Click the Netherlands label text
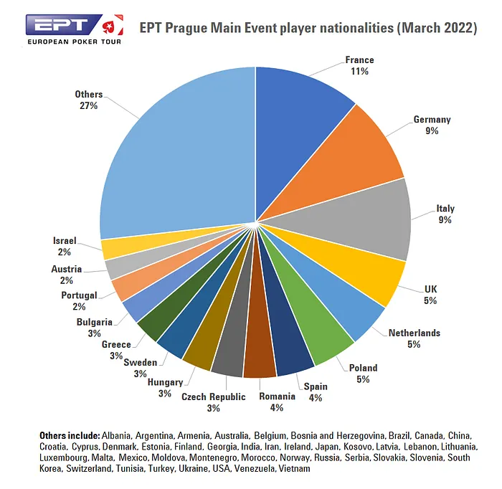click(x=414, y=333)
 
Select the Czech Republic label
click(x=213, y=397)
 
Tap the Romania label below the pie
click(x=277, y=397)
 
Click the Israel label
click(x=65, y=241)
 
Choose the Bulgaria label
click(x=94, y=322)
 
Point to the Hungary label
click(x=165, y=382)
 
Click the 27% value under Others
click(x=89, y=105)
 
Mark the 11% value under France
click(x=359, y=71)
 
